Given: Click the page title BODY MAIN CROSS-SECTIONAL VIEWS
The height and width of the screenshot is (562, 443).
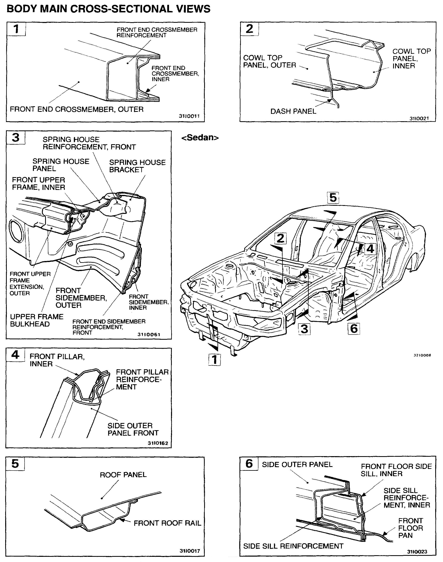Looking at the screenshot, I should click(x=108, y=9).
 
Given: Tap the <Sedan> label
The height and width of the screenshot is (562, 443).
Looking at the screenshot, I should click(x=200, y=137).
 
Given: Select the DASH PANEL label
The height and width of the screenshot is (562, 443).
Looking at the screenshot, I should click(x=293, y=111).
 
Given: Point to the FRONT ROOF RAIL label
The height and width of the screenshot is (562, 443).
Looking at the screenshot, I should click(x=167, y=523).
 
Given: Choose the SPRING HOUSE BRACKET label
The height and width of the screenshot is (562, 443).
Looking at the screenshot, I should click(x=137, y=166).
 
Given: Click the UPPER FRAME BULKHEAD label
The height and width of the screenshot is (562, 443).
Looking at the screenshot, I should click(x=37, y=320).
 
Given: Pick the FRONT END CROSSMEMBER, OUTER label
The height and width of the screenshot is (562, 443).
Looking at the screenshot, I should click(x=76, y=109).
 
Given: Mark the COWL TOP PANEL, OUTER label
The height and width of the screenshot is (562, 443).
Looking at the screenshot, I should click(x=269, y=62).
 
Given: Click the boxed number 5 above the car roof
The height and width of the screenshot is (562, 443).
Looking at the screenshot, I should click(x=333, y=198).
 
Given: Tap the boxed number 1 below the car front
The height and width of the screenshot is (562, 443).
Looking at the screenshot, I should click(x=215, y=359).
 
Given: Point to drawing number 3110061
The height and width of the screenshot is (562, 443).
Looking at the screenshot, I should click(x=149, y=335).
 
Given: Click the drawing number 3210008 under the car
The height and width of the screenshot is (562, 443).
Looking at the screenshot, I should click(x=422, y=355).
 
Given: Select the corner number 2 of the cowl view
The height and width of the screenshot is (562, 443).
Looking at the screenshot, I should click(x=249, y=29).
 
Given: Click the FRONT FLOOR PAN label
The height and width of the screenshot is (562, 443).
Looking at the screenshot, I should click(x=411, y=528).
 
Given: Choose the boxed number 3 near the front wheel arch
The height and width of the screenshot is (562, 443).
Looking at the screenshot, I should click(x=304, y=329).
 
